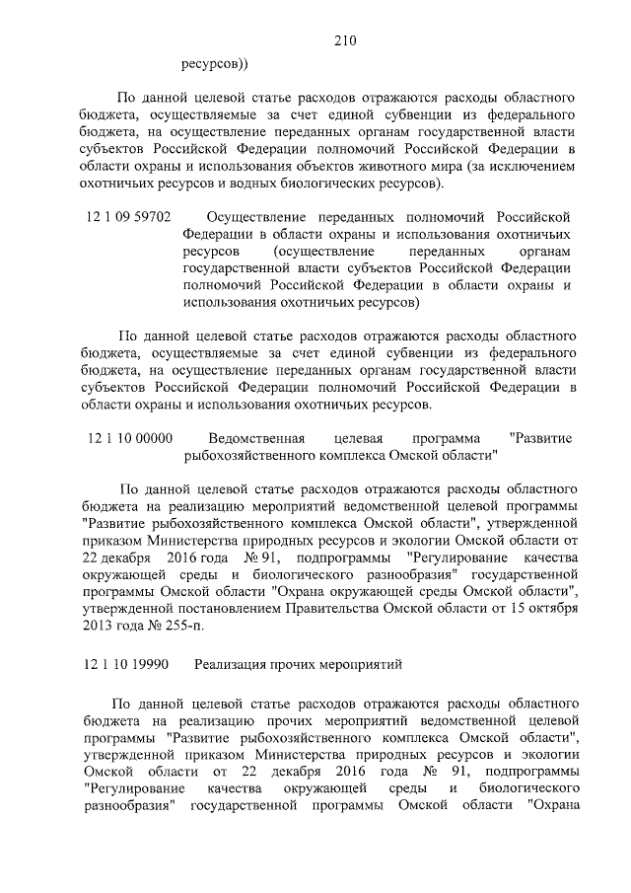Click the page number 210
(x=344, y=41)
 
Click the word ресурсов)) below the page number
(x=215, y=65)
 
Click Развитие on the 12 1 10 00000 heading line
(x=538, y=437)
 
